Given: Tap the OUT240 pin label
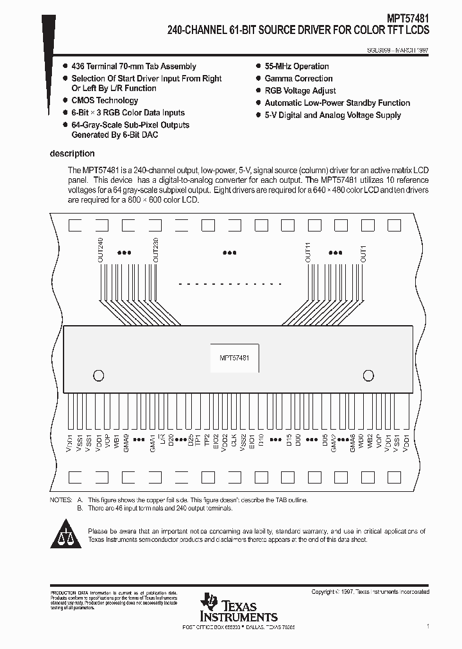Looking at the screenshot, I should coord(100,251).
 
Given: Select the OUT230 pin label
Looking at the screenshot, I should coord(155,251).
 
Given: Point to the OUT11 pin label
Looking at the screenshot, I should coord(308,252).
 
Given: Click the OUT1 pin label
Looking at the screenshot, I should coord(363,255).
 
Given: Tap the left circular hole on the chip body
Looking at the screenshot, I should coord(98,375).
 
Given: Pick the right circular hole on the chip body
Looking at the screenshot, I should coord(368,375).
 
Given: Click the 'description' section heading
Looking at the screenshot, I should coord(73,154).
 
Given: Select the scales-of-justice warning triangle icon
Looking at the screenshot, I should coord(67,534).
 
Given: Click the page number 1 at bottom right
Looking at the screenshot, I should coord(427,625).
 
